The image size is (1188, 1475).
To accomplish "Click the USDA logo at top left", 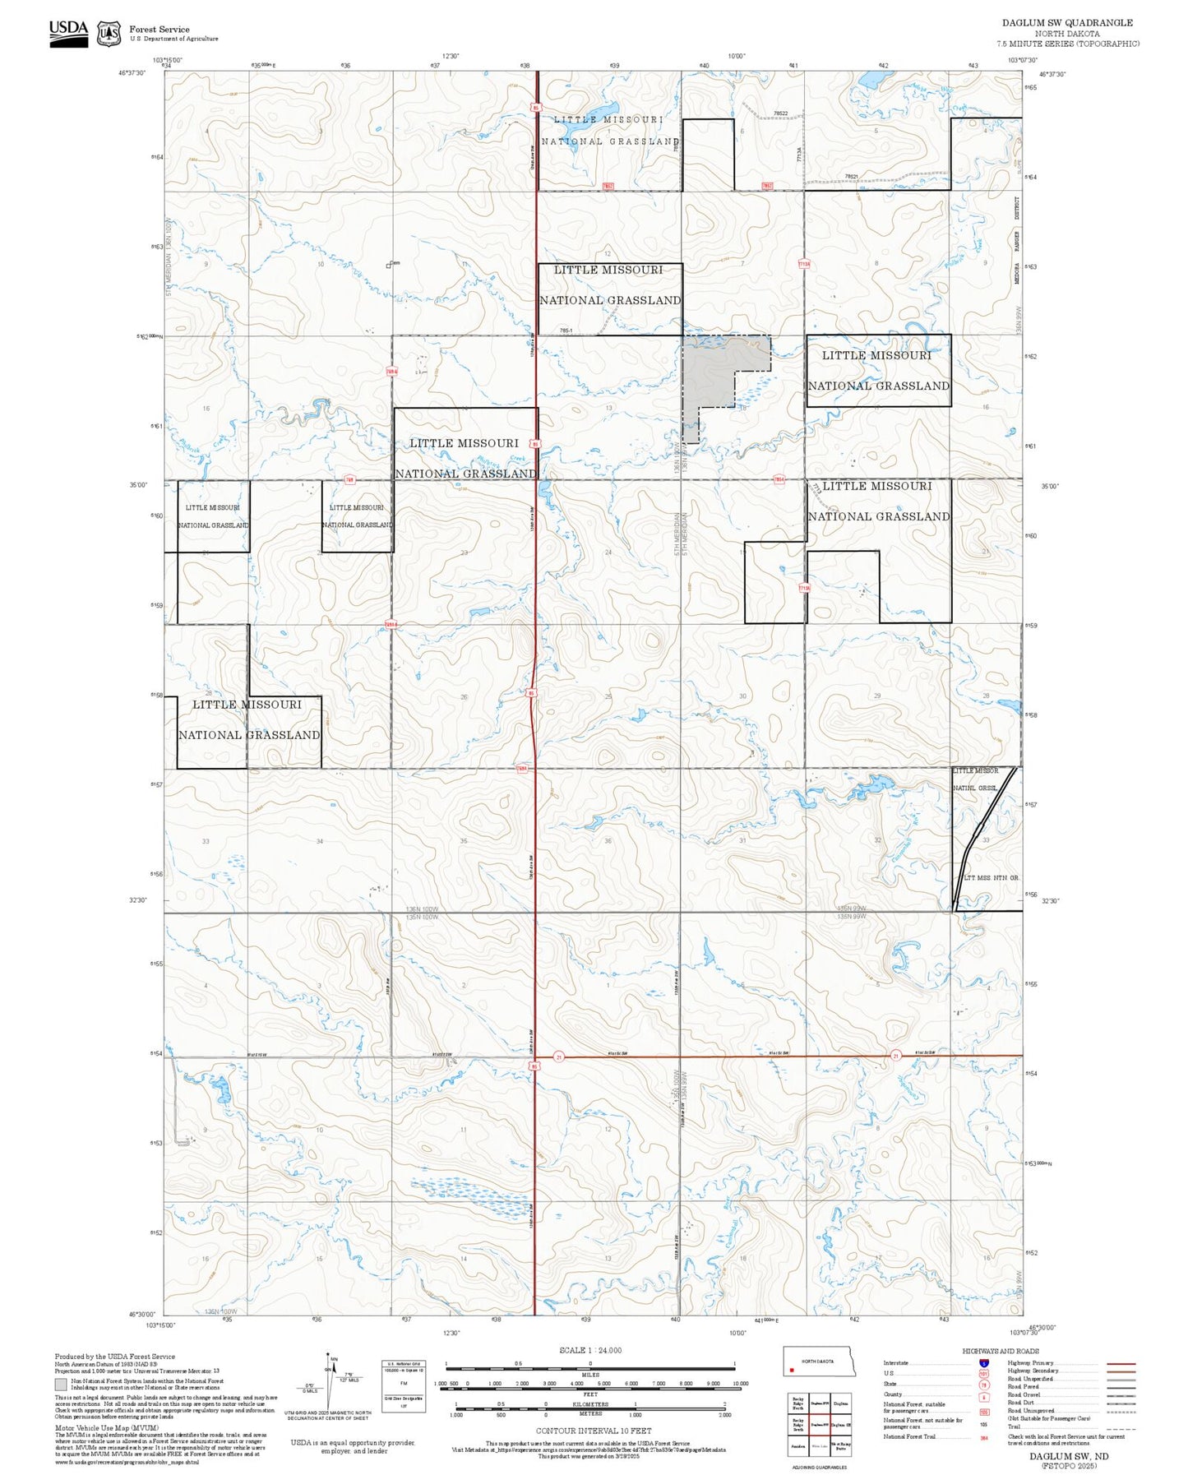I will tap(68, 32).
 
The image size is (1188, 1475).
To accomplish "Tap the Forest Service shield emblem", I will tap(109, 33).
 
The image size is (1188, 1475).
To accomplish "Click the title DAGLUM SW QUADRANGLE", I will tap(1066, 23).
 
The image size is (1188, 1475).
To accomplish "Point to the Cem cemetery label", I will tap(394, 263).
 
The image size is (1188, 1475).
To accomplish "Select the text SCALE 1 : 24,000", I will tap(589, 1350).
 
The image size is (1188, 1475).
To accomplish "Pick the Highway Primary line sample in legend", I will tap(1121, 1363).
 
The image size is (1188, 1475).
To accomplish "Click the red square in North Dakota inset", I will tap(791, 1371).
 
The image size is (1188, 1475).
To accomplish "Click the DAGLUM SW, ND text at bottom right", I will tap(1068, 1456).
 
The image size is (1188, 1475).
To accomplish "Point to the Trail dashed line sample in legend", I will tap(1121, 1429).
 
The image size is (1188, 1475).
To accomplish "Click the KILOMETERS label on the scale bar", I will tap(590, 1404).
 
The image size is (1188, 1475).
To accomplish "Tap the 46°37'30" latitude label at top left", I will tap(132, 73).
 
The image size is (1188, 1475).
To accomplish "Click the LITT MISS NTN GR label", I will tap(991, 878).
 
